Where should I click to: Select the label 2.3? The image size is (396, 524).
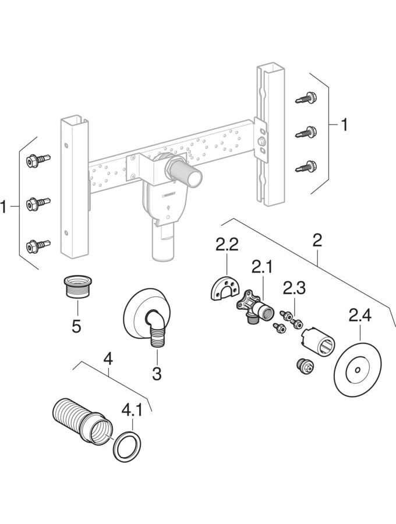(x=295, y=288)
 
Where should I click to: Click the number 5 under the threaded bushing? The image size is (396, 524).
(x=76, y=325)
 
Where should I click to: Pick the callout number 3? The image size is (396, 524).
(x=157, y=372)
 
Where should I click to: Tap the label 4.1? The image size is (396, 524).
(x=131, y=410)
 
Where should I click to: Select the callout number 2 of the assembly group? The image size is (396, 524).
(x=317, y=239)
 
